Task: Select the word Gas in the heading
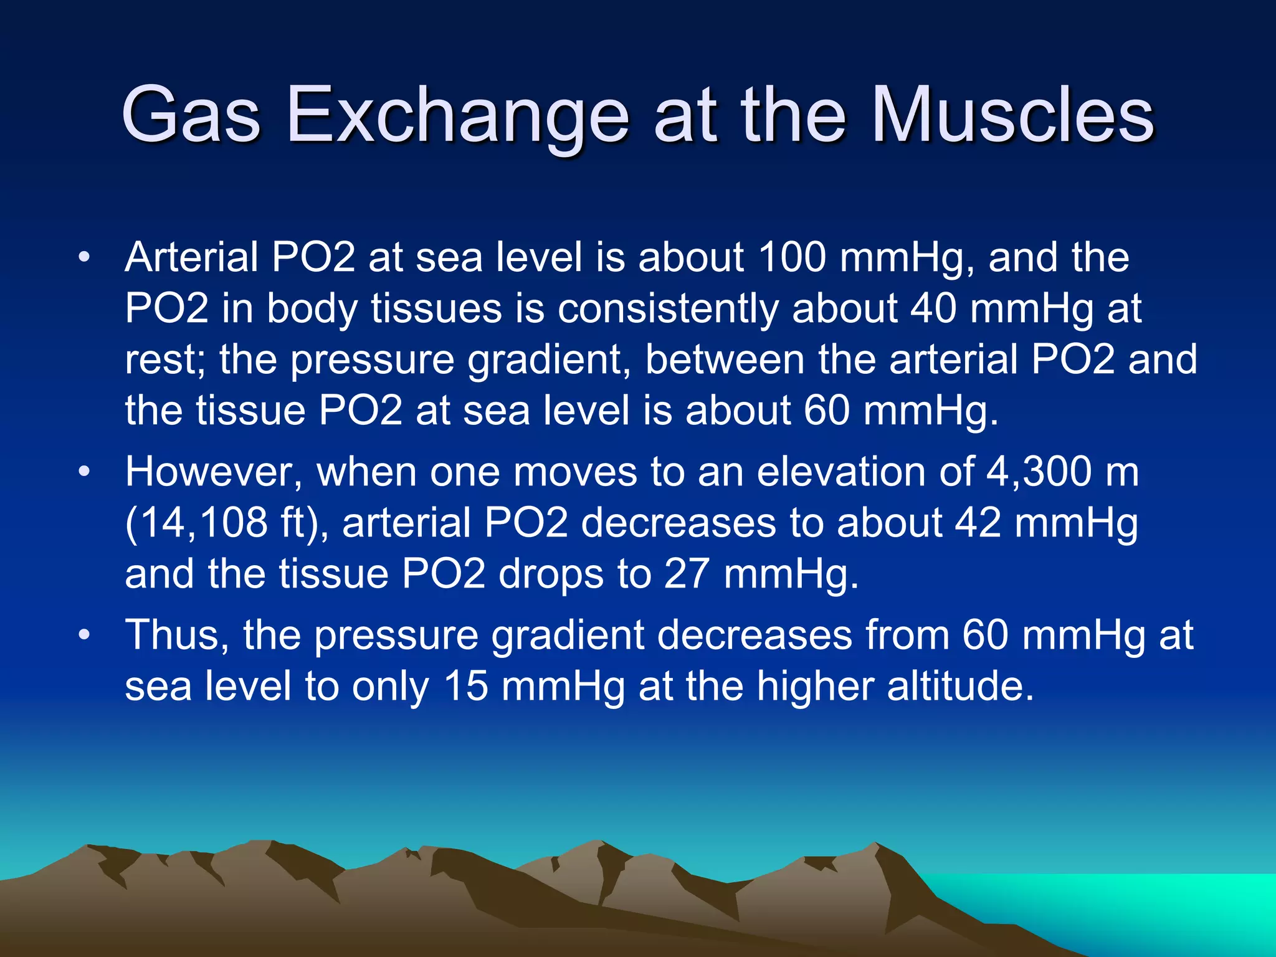click(x=191, y=115)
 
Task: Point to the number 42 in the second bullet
click(x=978, y=523)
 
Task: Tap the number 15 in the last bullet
click(x=465, y=687)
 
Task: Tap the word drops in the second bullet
click(x=551, y=575)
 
